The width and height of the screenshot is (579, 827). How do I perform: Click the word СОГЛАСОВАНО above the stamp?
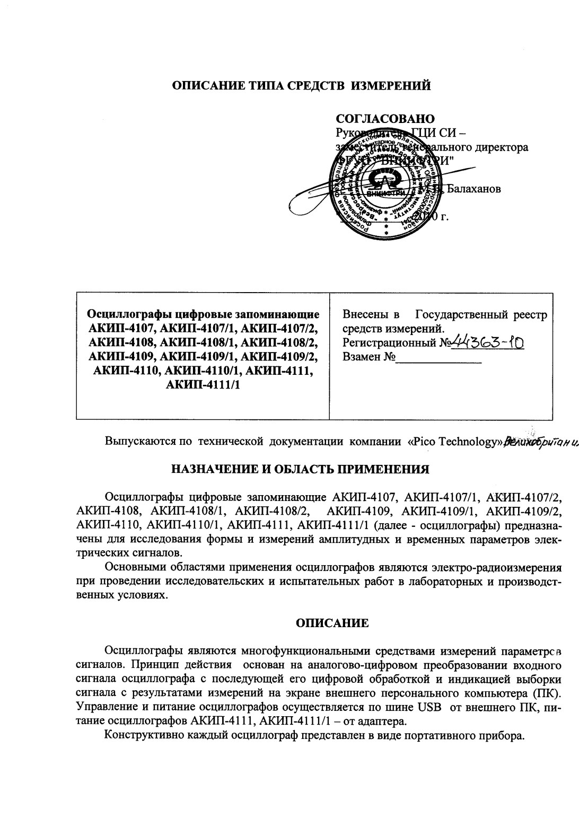385,119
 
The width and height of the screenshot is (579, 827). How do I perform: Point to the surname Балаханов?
474,189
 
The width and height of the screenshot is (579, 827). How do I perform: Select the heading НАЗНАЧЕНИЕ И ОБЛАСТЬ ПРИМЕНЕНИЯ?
299,469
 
